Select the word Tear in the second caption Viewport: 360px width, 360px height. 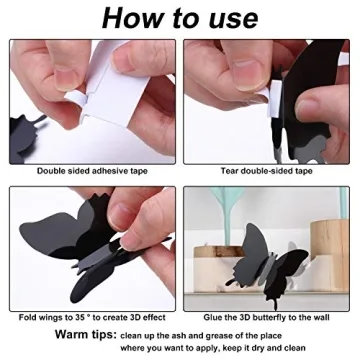(x=229, y=171)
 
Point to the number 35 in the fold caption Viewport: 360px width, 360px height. (x=80, y=317)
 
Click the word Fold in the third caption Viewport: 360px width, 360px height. (x=27, y=317)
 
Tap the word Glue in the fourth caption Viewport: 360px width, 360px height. (x=212, y=317)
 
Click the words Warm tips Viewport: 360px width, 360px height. (x=86, y=334)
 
